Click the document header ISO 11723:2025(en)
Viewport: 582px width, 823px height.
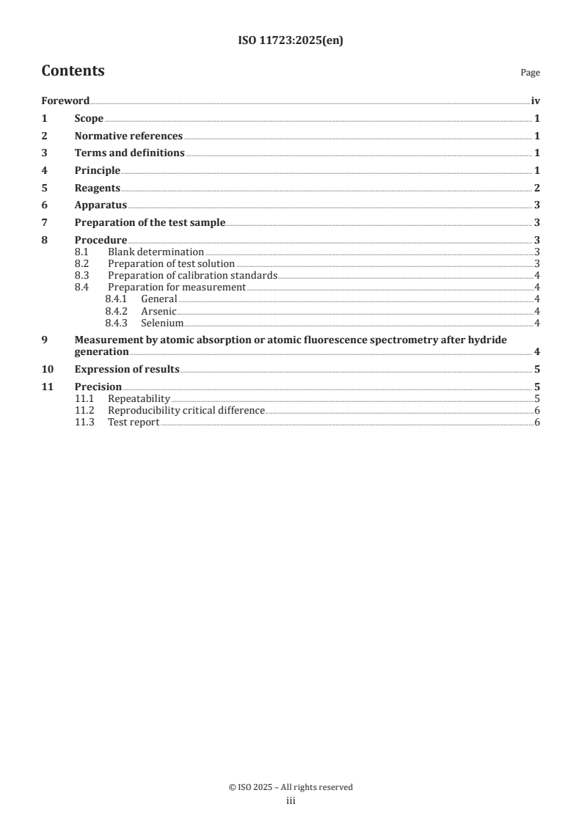(x=291, y=41)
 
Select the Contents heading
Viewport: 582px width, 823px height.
(x=73, y=71)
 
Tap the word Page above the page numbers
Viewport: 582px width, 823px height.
(x=530, y=73)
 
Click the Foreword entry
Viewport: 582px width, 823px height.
(x=65, y=101)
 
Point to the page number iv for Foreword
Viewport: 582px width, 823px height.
(x=535, y=101)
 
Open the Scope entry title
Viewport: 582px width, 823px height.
(x=89, y=119)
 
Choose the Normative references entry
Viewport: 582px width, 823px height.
(x=128, y=136)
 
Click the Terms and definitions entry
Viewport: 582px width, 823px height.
(x=129, y=153)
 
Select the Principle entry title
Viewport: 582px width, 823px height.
(x=98, y=171)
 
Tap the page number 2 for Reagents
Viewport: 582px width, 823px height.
(x=537, y=188)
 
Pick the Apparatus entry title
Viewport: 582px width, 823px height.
(x=101, y=205)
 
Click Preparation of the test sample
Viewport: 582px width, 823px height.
(x=150, y=223)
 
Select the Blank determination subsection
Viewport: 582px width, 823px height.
(x=156, y=252)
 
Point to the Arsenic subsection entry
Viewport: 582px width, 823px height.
(x=159, y=311)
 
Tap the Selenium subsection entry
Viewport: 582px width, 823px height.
(x=161, y=323)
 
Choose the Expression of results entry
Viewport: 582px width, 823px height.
(x=127, y=370)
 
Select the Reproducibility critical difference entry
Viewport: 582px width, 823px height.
(x=186, y=411)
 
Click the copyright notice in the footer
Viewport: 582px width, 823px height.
(x=291, y=787)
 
